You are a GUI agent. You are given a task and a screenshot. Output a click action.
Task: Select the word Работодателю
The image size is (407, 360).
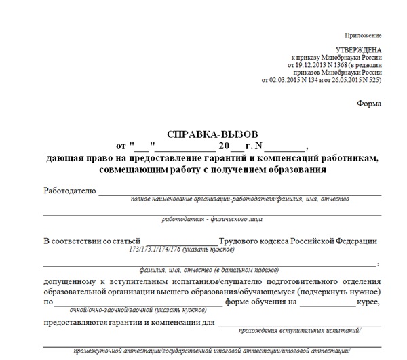coord(69,191)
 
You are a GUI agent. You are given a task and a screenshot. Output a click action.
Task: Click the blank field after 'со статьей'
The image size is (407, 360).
coord(181,242)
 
